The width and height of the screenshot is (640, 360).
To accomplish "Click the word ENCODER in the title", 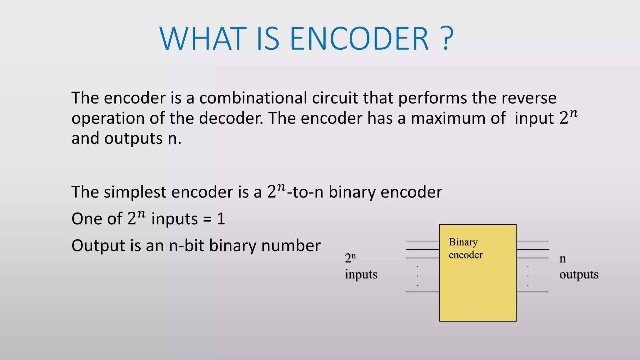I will point(359,39).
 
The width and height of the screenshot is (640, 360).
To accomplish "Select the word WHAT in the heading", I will point(203,39).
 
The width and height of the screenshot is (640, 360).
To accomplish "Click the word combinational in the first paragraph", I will point(253,98).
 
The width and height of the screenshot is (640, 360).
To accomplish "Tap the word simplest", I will point(134,192).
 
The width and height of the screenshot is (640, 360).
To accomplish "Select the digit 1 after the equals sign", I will point(221,219).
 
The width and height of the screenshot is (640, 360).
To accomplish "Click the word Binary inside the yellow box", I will point(463,242).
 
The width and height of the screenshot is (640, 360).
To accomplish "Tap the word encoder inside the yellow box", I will point(466,255).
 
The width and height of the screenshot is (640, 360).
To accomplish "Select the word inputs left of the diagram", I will point(361,275).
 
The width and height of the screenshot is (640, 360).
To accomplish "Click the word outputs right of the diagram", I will point(579,275).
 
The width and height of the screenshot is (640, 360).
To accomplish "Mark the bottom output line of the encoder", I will point(533,292).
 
